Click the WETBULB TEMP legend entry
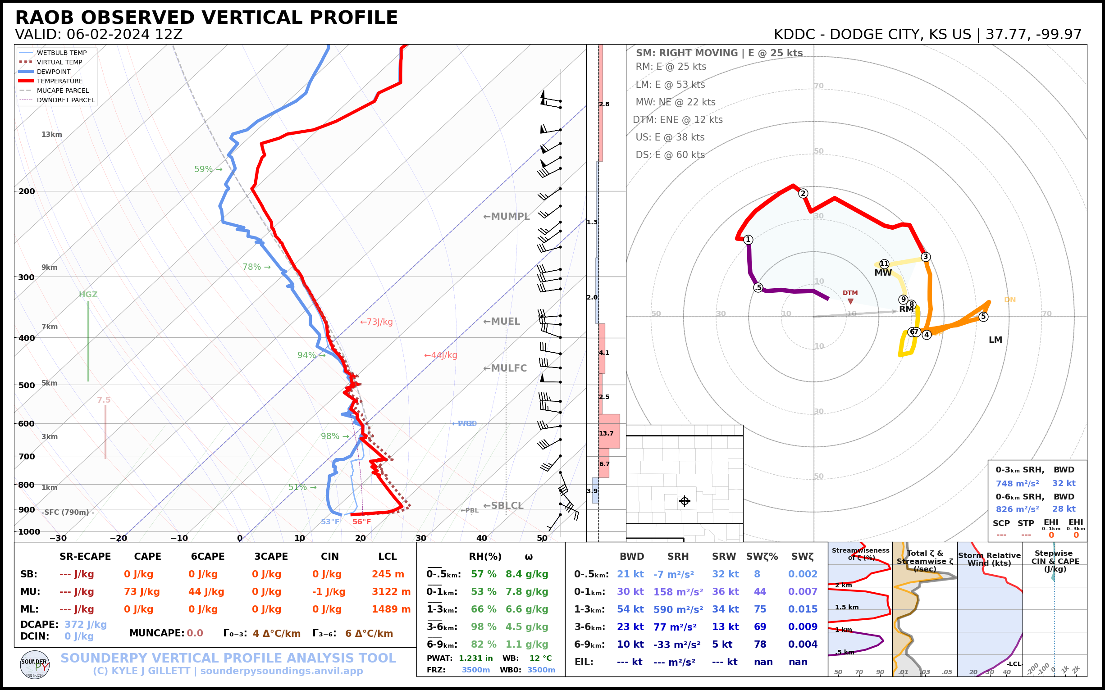tap(61, 53)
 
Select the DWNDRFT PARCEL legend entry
tap(65, 100)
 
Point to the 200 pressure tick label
tap(27, 191)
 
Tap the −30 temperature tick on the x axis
tap(58, 538)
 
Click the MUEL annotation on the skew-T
tap(502, 322)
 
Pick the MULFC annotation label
tap(505, 368)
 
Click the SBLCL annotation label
tap(503, 506)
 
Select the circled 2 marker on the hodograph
tap(803, 194)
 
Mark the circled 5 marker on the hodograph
tap(983, 317)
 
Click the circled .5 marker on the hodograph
tap(758, 287)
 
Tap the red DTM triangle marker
tap(850, 301)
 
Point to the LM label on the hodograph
tap(995, 340)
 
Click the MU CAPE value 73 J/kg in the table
tap(142, 592)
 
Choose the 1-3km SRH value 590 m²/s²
tap(678, 610)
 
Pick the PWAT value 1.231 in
tap(476, 658)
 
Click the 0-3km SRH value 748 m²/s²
tap(1017, 483)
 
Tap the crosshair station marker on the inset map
tap(685, 501)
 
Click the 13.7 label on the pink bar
tap(607, 434)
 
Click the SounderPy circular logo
tap(35, 665)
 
